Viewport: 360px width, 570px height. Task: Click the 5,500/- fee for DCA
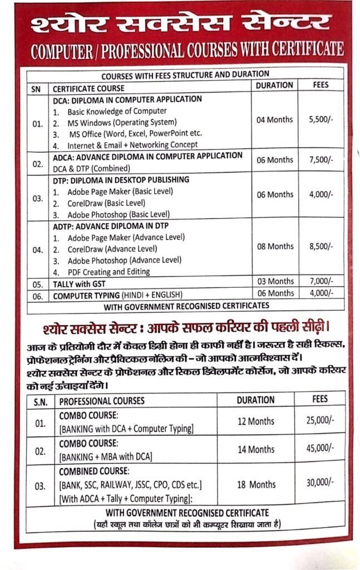pos(320,120)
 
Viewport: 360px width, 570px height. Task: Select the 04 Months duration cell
pos(275,120)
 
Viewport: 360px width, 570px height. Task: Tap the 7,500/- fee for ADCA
pos(320,160)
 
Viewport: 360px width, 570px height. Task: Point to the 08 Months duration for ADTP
pos(275,247)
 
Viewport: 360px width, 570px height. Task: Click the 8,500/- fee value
pos(320,247)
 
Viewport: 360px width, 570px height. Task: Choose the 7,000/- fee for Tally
pos(321,282)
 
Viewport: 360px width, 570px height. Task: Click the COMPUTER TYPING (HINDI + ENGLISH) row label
pos(117,296)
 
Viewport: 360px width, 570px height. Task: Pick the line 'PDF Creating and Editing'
pos(109,272)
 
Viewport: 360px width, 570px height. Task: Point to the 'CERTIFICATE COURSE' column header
pos(88,89)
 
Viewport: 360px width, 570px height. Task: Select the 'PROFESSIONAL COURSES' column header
pos(102,400)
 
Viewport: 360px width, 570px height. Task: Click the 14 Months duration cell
pos(256,449)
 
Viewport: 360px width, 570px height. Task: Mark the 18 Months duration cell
pos(256,484)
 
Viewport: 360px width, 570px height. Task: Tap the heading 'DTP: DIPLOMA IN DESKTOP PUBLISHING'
pos(121,180)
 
